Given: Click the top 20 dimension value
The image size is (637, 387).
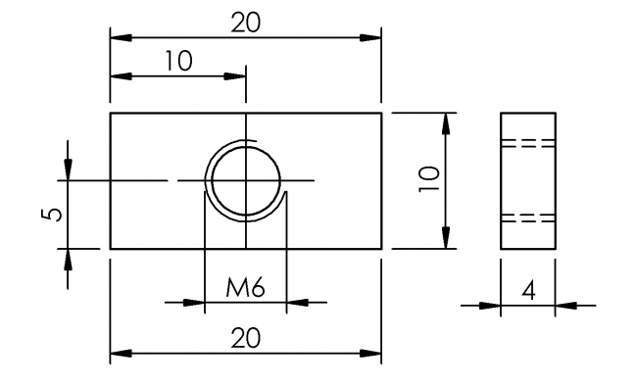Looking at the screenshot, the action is [x=246, y=23].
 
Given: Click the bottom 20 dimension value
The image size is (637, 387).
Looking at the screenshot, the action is [x=246, y=338].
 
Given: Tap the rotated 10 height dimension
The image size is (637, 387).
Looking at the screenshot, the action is [x=429, y=179].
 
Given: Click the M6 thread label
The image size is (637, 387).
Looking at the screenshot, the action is [x=245, y=287].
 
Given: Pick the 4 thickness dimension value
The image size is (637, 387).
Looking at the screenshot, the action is [x=528, y=291].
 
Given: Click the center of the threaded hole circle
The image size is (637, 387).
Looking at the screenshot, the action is [x=246, y=180].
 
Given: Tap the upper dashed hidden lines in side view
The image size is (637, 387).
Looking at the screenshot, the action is [x=528, y=143].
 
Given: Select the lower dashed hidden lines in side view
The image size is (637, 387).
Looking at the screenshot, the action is [x=528, y=218].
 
